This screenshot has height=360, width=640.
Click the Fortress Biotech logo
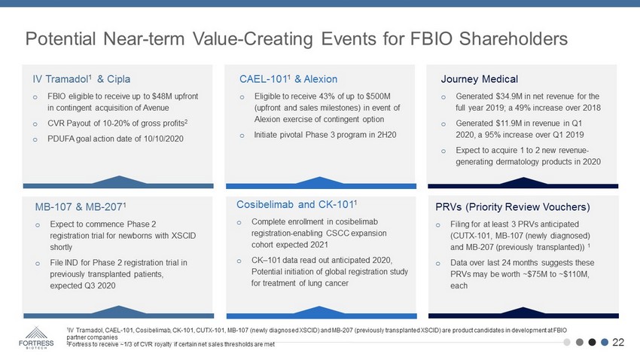click(36, 337)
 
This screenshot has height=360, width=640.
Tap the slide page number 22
click(618, 342)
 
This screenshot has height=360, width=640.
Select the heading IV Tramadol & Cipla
click(81, 79)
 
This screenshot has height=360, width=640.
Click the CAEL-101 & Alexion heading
click(288, 79)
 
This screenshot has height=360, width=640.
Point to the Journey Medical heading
click(479, 79)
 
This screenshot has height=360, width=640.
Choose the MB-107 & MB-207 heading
click(81, 207)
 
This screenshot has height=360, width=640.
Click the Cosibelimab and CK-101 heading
click(297, 204)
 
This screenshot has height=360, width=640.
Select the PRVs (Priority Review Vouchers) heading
click(513, 207)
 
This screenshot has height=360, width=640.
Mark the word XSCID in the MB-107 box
click(184, 236)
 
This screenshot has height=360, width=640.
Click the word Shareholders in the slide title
click(513, 39)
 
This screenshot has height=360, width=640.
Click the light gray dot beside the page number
click(566, 342)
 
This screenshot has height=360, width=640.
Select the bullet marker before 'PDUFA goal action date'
click(35, 139)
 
